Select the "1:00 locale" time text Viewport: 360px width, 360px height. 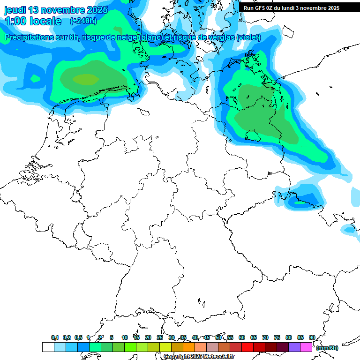click(x=33, y=21)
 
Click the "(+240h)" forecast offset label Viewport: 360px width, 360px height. click(x=83, y=21)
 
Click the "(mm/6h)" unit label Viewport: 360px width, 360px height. click(x=327, y=348)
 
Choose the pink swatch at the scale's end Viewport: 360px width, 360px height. click(x=306, y=347)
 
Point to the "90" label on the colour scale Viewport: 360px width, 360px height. click(x=312, y=337)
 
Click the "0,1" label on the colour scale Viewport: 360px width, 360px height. click(x=55, y=337)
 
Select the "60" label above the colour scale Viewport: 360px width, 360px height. click(x=242, y=337)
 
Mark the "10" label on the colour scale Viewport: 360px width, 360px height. click(x=125, y=337)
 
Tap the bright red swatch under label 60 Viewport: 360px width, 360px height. click(x=247, y=347)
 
